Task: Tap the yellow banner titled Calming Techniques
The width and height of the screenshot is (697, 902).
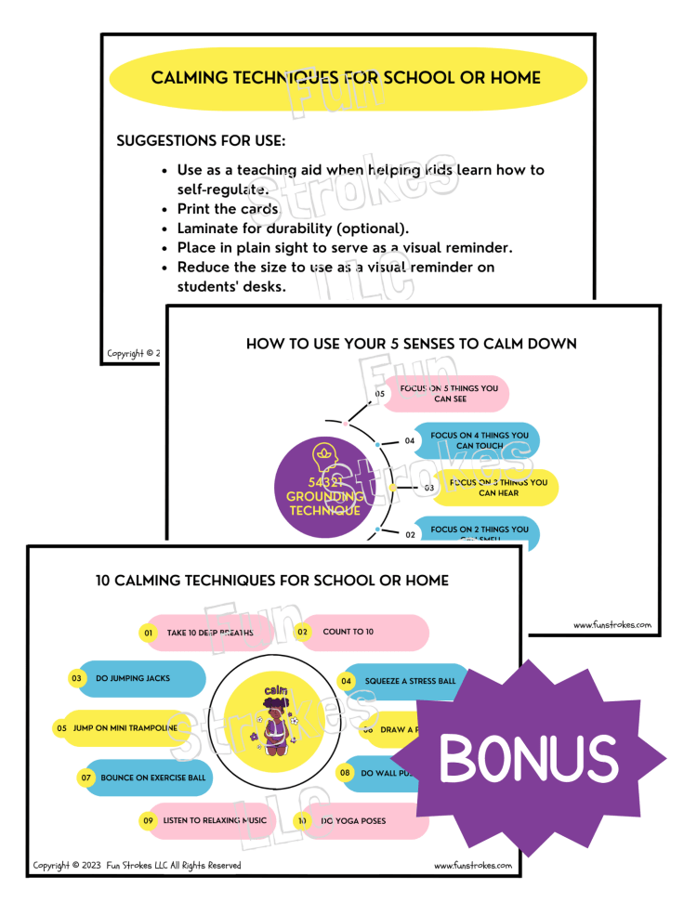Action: [348, 78]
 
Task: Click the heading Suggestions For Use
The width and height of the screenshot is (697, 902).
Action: [200, 141]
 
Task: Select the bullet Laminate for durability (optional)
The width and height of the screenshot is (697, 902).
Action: [293, 228]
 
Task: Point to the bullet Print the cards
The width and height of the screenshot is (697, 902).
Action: [228, 209]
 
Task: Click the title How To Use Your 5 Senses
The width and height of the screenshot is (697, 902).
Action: [411, 344]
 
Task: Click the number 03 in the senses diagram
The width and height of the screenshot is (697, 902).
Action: [429, 487]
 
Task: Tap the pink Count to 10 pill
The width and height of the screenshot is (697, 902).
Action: [365, 632]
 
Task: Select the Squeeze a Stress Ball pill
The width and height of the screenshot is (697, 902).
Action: [404, 681]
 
